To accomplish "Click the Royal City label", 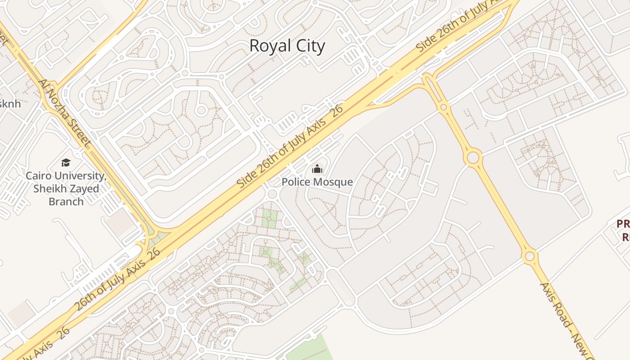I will tap(287, 46).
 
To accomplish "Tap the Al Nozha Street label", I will tap(65, 114).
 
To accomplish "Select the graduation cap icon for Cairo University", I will tap(66, 162).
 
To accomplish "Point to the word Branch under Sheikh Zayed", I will tap(66, 201).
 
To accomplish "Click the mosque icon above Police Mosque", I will tap(317, 169).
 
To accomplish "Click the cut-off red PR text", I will tap(623, 224).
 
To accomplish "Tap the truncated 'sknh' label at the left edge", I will tap(10, 103).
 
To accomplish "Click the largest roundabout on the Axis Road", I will tap(473, 158).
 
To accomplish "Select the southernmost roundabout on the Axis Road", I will tap(530, 256).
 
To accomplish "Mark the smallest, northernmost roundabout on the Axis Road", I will tap(444, 107).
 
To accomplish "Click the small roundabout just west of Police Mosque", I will tap(271, 194).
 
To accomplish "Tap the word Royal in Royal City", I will tap(267, 46).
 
